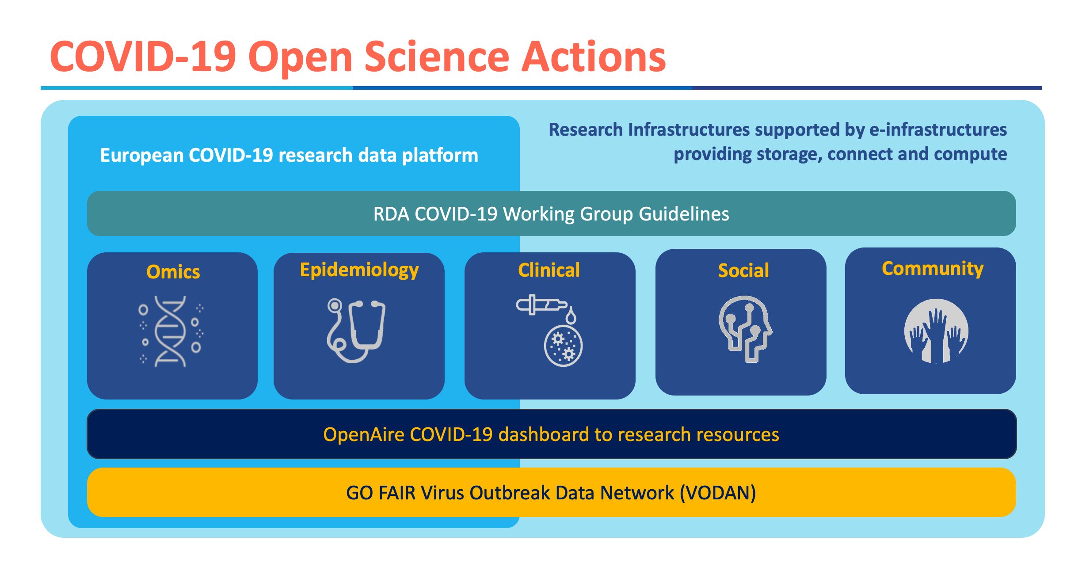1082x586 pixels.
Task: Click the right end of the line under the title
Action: [x=1042, y=88]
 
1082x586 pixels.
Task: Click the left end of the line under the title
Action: [x=41, y=88]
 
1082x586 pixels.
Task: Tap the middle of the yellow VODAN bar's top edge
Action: [x=551, y=468]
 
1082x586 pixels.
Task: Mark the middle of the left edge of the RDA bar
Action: [x=88, y=213]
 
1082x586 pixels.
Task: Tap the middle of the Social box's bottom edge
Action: [x=741, y=395]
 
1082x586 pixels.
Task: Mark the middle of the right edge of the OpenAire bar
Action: [x=1016, y=434]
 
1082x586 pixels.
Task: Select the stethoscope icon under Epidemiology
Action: [x=356, y=331]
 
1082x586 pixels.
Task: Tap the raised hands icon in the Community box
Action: [x=936, y=331]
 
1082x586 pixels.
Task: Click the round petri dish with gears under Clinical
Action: [x=563, y=346]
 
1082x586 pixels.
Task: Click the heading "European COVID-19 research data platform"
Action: [x=289, y=155]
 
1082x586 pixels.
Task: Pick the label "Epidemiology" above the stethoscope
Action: [x=359, y=270]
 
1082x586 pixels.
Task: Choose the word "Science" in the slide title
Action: [x=437, y=57]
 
